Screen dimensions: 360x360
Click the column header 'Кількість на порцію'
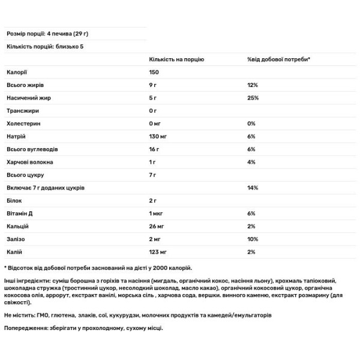(176, 60)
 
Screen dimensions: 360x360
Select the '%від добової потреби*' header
(275, 60)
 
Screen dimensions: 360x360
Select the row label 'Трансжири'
(22, 112)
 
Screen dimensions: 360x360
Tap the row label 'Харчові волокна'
(29, 163)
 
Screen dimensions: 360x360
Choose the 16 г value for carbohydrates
(154, 149)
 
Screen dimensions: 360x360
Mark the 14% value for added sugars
(252, 188)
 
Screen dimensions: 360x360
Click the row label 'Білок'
(14, 200)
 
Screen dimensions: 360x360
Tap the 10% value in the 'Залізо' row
(252, 239)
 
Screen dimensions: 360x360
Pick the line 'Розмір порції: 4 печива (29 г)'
(50, 34)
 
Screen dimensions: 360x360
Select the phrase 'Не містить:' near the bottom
(20, 314)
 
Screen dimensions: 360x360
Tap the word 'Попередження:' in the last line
(26, 328)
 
